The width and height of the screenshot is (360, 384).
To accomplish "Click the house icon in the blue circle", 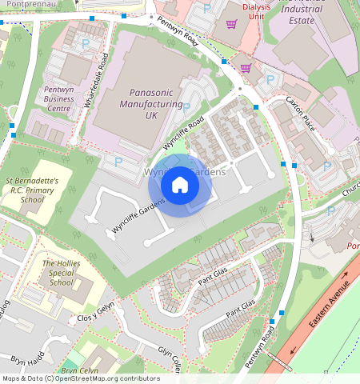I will tap(180, 185).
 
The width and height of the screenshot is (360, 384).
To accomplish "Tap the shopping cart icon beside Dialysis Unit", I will tap(231, 25).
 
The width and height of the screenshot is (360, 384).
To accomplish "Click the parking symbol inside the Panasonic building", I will tap(186, 106).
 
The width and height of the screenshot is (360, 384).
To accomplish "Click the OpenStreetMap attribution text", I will tap(80, 378).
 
